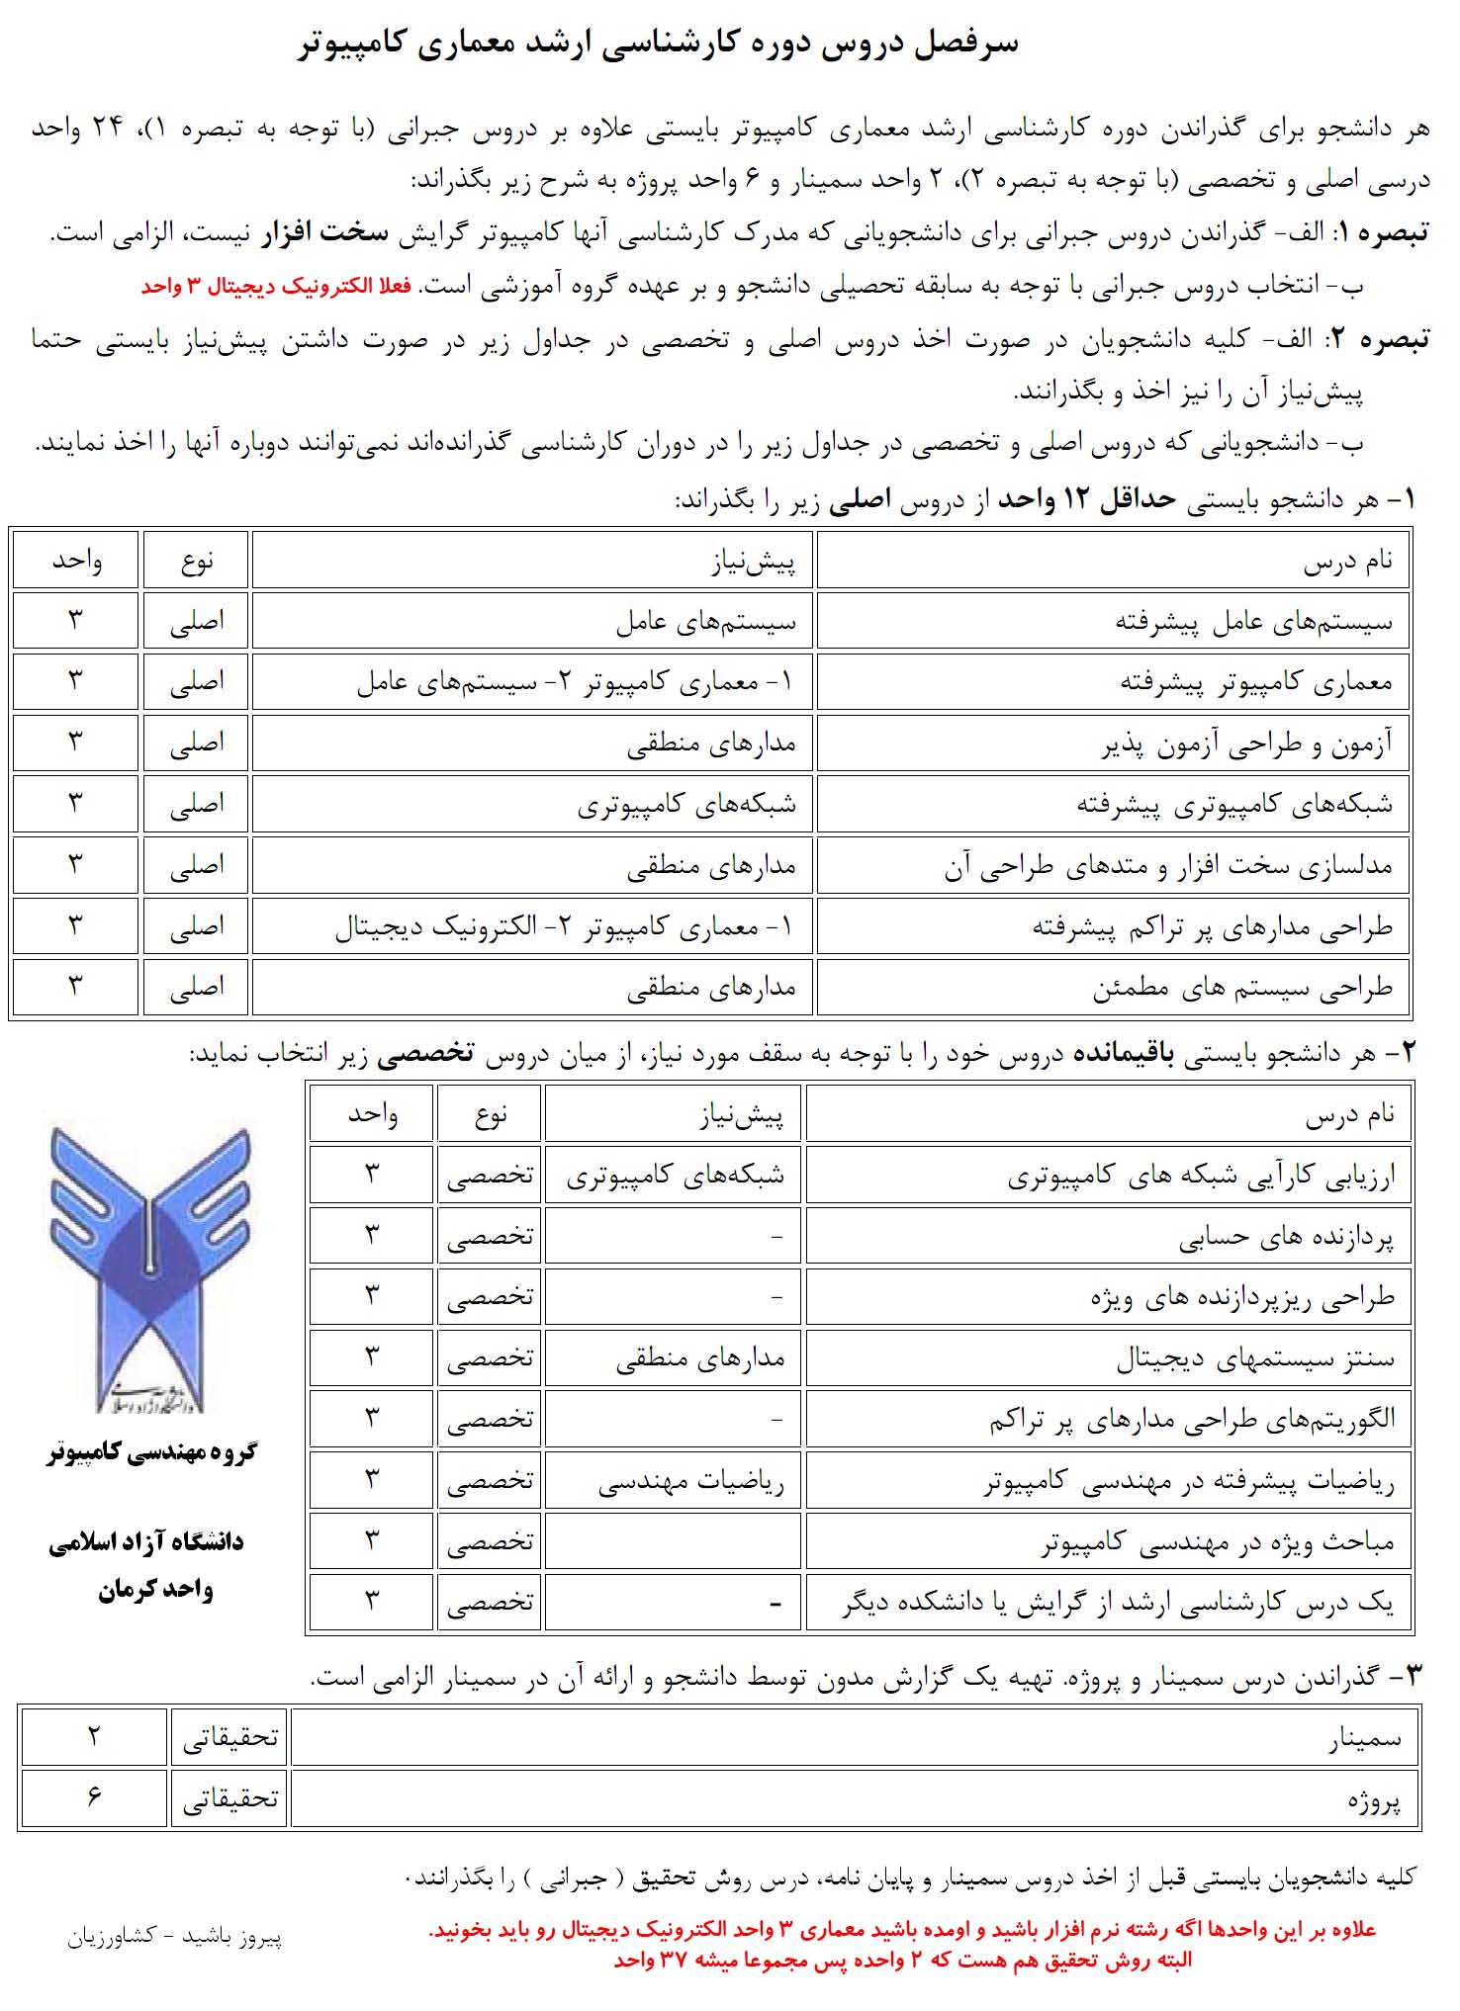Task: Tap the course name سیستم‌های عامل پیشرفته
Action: (1253, 622)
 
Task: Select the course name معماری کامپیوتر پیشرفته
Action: (1255, 682)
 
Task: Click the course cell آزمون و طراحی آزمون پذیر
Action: (1246, 744)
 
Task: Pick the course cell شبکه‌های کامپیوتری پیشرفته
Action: (1233, 805)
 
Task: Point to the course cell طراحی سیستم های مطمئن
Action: (1241, 988)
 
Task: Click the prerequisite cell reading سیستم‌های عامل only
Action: (705, 622)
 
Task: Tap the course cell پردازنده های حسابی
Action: (1285, 1238)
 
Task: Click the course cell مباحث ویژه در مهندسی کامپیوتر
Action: (1217, 1543)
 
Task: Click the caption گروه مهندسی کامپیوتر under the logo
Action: (151, 1452)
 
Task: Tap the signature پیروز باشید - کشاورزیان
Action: (175, 1936)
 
